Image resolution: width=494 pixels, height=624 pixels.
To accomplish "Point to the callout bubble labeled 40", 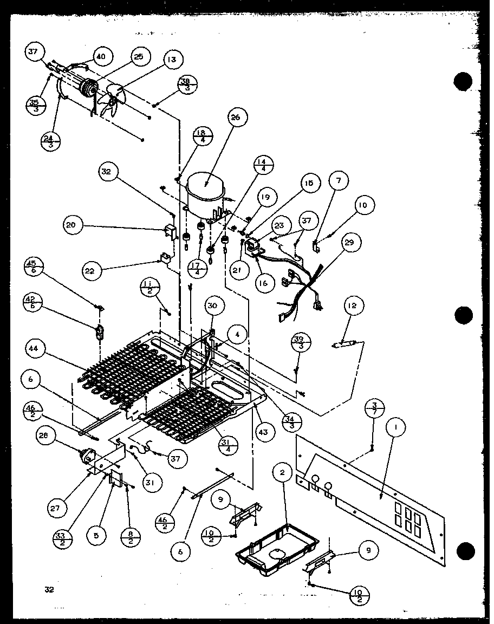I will pos(101,56).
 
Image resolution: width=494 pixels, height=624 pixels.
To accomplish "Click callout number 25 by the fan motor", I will pos(139,57).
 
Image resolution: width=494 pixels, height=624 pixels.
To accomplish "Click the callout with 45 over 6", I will pos(34,268).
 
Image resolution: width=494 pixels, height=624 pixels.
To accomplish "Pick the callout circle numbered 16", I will pos(264,283).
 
